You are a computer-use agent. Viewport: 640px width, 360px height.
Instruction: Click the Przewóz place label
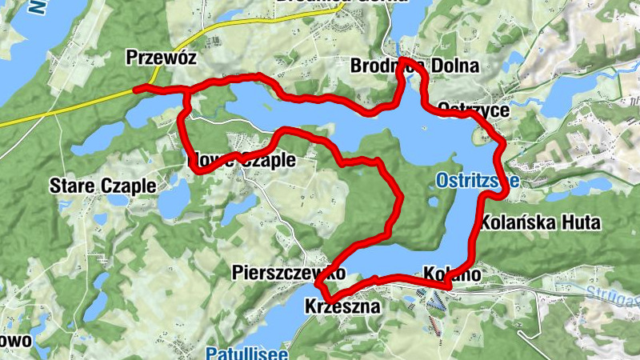[x=161, y=58]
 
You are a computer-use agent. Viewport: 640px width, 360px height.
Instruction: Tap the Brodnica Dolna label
[x=414, y=66]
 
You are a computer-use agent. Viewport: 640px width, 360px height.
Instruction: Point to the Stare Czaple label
[x=102, y=185]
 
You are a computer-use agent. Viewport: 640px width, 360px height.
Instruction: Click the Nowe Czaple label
[x=241, y=160]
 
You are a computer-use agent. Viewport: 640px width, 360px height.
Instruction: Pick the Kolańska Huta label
[x=540, y=222]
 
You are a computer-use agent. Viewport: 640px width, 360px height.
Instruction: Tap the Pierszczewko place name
[x=288, y=273]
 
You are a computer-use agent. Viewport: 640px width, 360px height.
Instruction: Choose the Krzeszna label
[x=339, y=306]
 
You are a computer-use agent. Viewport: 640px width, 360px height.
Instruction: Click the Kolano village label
[x=453, y=274]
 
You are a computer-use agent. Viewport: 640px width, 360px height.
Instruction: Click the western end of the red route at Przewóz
[x=136, y=89]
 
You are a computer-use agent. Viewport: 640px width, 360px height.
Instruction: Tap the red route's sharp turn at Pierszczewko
[x=320, y=284]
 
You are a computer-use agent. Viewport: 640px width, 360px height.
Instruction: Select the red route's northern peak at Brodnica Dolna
[x=405, y=61]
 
